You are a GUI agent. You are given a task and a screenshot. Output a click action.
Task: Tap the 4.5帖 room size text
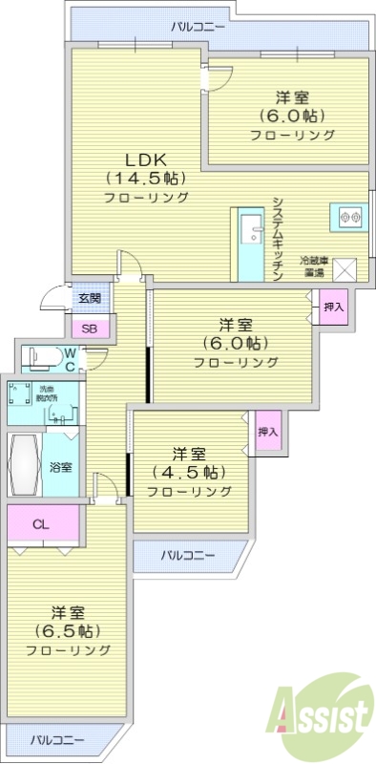coord(187,473)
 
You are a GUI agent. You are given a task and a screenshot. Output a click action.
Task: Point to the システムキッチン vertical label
coord(277,238)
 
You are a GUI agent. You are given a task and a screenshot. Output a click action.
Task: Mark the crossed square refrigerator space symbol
coord(344,268)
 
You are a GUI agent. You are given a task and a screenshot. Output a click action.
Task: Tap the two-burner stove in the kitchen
coord(349,217)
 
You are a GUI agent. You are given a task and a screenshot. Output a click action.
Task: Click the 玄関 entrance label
coord(90,298)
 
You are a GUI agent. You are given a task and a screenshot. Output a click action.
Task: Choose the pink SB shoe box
coord(90,329)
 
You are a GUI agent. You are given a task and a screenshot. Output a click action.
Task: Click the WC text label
coord(70,360)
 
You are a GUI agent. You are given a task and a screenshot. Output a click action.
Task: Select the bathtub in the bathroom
coord(23,465)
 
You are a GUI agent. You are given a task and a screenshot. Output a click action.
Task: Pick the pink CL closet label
coord(40,524)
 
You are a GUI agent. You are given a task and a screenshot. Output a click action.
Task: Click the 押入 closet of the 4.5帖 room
coord(268,432)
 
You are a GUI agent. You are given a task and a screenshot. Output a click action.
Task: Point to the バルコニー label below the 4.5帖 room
coord(187,555)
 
